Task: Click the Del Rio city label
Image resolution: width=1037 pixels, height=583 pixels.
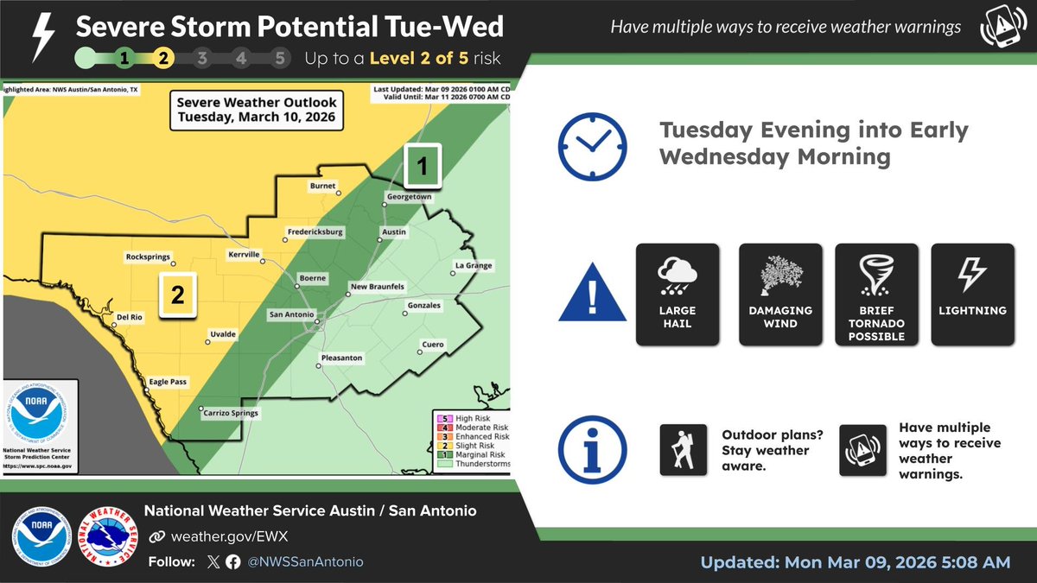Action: [x=129, y=317]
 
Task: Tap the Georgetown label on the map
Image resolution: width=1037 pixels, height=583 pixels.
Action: [x=409, y=197]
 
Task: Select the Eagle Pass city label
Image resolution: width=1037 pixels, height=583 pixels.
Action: [x=168, y=381]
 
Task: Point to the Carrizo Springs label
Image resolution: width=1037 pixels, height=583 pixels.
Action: [x=230, y=413]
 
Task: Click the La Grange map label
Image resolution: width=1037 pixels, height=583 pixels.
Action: [x=473, y=265]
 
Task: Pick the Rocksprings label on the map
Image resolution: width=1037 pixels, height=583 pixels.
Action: [x=148, y=256]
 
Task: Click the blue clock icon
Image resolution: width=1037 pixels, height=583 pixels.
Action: [x=592, y=144]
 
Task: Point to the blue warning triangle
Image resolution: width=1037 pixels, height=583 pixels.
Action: [x=592, y=298]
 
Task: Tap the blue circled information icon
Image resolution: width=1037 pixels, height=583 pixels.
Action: [x=592, y=449]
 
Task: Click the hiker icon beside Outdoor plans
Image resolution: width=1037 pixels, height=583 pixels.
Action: [x=684, y=450]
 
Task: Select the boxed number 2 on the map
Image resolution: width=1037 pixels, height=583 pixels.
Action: [x=178, y=295]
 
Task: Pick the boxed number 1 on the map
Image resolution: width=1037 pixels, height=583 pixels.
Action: [x=423, y=167]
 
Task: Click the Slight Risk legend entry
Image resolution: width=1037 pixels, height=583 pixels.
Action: [x=472, y=446]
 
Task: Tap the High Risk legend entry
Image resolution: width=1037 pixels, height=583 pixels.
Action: [x=472, y=418]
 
